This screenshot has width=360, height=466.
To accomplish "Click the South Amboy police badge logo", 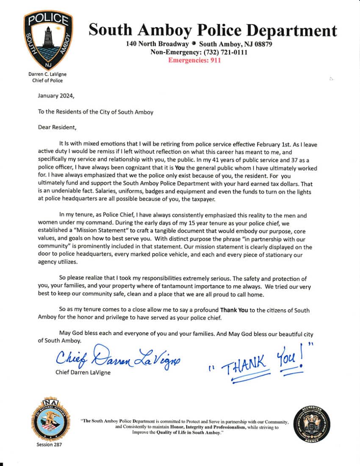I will pyautogui.click(x=47, y=40).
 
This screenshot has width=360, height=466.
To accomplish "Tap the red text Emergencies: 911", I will pyautogui.click(x=194, y=60).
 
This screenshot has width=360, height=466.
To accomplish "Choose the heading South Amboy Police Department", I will pyautogui.click(x=213, y=31).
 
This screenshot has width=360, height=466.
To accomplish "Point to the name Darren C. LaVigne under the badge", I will pyautogui.click(x=47, y=74).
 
